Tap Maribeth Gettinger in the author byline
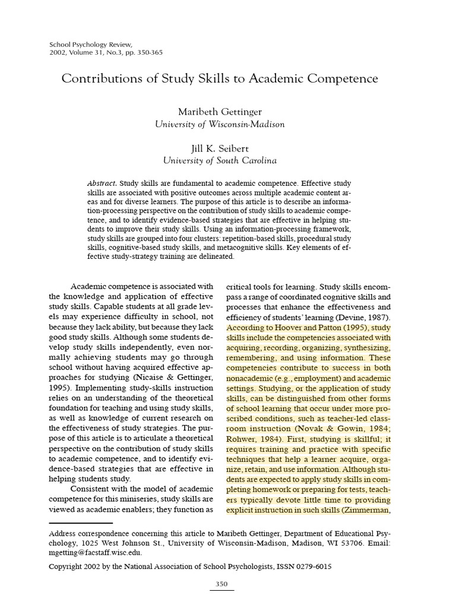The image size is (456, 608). (220, 111)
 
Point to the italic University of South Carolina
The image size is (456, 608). (220, 160)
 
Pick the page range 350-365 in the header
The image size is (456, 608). (147, 52)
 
